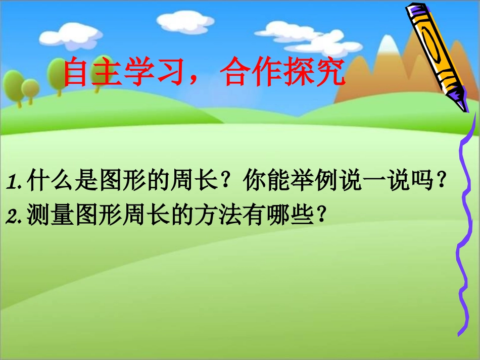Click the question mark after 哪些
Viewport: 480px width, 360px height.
pyautogui.click(x=318, y=216)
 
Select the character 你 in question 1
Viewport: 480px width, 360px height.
pyautogui.click(x=252, y=181)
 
